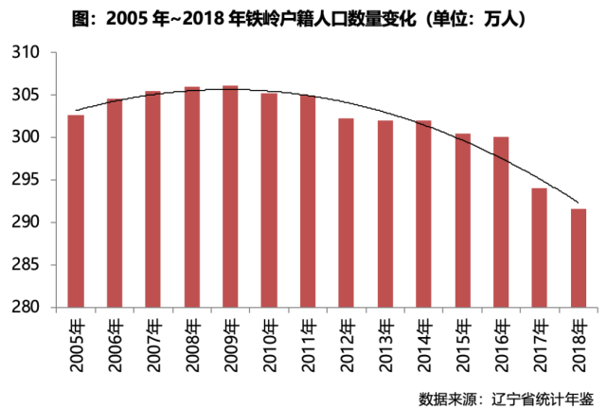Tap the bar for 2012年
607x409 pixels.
(346, 213)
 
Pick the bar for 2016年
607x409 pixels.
(501, 222)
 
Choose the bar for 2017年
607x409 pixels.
(539, 247)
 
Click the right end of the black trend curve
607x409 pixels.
(578, 202)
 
